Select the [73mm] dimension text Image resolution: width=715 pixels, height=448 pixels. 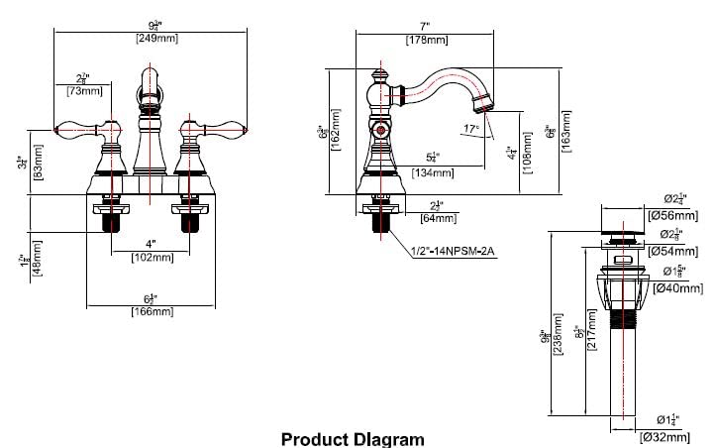[85, 91]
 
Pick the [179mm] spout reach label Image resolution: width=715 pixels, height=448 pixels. [425, 40]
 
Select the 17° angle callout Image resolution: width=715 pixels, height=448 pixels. [471, 128]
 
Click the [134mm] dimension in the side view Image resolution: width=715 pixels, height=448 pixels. [433, 172]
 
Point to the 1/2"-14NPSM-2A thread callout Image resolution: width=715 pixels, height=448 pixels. [452, 252]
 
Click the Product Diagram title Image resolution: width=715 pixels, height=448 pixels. [353, 438]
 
